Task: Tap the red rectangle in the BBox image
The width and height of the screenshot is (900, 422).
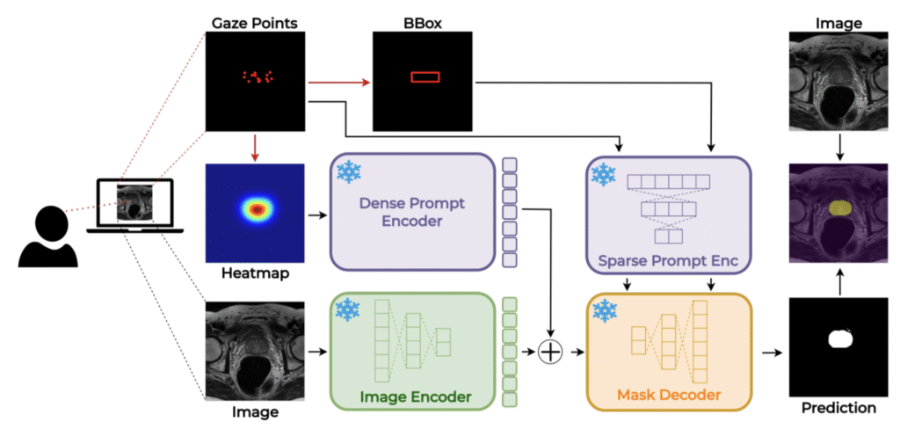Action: click(425, 77)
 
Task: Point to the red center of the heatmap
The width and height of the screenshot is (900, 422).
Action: click(256, 209)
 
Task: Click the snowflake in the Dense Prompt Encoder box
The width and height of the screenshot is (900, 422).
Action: click(350, 172)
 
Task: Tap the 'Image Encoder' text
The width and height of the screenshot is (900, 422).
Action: click(414, 397)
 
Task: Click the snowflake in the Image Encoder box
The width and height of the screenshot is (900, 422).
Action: click(349, 309)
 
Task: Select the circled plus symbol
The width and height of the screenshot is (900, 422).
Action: click(550, 353)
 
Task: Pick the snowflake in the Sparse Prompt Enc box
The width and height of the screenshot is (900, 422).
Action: click(603, 174)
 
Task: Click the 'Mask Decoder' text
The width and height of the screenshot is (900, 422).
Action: click(670, 396)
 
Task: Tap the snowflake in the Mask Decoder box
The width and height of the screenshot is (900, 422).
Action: click(603, 310)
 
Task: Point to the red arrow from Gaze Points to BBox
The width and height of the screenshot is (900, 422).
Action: click(338, 83)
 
